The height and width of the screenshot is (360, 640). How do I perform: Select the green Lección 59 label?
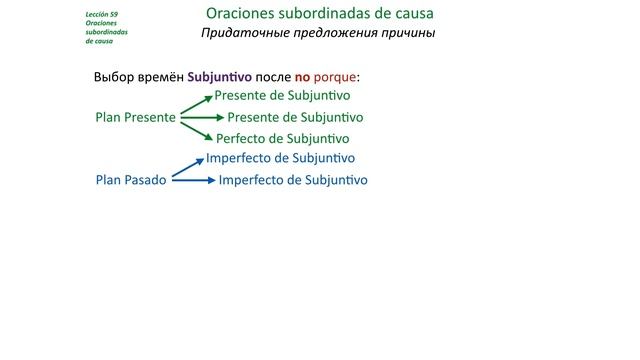103,14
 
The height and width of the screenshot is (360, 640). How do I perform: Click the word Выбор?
113,77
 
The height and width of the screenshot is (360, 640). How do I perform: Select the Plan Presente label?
135,117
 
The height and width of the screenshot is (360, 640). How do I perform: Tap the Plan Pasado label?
130,180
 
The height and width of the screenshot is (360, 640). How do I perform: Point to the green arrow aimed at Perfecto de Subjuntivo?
196,128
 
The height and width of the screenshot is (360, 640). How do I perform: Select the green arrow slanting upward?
196,106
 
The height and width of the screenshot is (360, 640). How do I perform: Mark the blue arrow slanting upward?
188,168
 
